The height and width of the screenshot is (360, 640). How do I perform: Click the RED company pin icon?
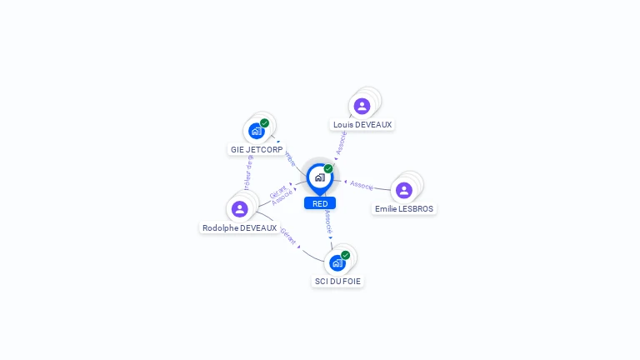pos(319,177)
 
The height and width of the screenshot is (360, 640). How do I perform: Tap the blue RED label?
pos(320,203)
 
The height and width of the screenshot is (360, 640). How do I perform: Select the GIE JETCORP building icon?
pos(257,131)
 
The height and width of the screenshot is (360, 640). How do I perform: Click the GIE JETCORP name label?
pos(257,150)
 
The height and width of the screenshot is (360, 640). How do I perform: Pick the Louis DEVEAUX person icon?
pos(362,106)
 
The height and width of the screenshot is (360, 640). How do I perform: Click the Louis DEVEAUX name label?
pos(362,125)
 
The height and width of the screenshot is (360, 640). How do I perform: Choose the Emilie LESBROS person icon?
pos(404,190)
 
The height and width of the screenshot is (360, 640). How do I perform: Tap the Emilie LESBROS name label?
pos(404,209)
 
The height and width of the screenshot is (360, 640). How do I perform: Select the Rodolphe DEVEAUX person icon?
pos(240,208)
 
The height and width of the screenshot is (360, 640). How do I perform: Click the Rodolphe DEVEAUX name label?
pos(239,228)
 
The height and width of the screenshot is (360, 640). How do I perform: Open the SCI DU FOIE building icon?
pos(337,263)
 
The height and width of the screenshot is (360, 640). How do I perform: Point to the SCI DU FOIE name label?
pos(337,282)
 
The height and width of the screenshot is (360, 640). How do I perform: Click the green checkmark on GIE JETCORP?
pos(265,123)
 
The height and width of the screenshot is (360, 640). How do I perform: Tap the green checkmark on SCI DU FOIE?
pos(345,256)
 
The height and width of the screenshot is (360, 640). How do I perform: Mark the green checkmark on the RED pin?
pos(328,169)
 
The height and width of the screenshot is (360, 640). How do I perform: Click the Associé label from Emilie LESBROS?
pos(362,185)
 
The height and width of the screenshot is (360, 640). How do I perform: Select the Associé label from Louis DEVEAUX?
pos(341,142)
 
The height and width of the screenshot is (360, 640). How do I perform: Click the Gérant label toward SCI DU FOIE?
pos(288,237)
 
